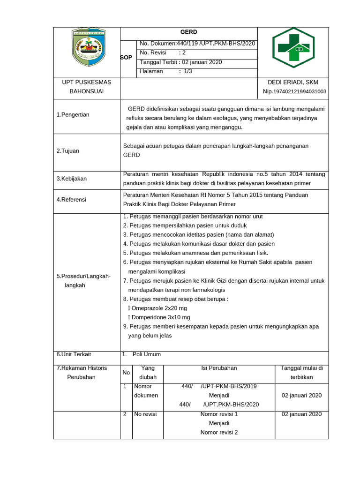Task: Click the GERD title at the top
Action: pos(189,32)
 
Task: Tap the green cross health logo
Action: pos(293,47)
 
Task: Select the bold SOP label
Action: pos(126,57)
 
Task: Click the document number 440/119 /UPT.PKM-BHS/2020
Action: pos(197,43)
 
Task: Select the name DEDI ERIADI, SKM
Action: pos(292,82)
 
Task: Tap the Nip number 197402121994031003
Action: pos(294,91)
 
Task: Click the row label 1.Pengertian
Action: pos(73,114)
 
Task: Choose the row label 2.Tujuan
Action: pos(67,151)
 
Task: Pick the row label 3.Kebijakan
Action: pos(71,179)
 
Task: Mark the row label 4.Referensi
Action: pos(71,199)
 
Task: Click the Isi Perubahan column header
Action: pos(219,368)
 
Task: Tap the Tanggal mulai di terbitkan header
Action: pos(301,372)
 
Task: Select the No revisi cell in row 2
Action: pos(145,414)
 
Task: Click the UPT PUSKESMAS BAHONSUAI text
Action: pos(87,86)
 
